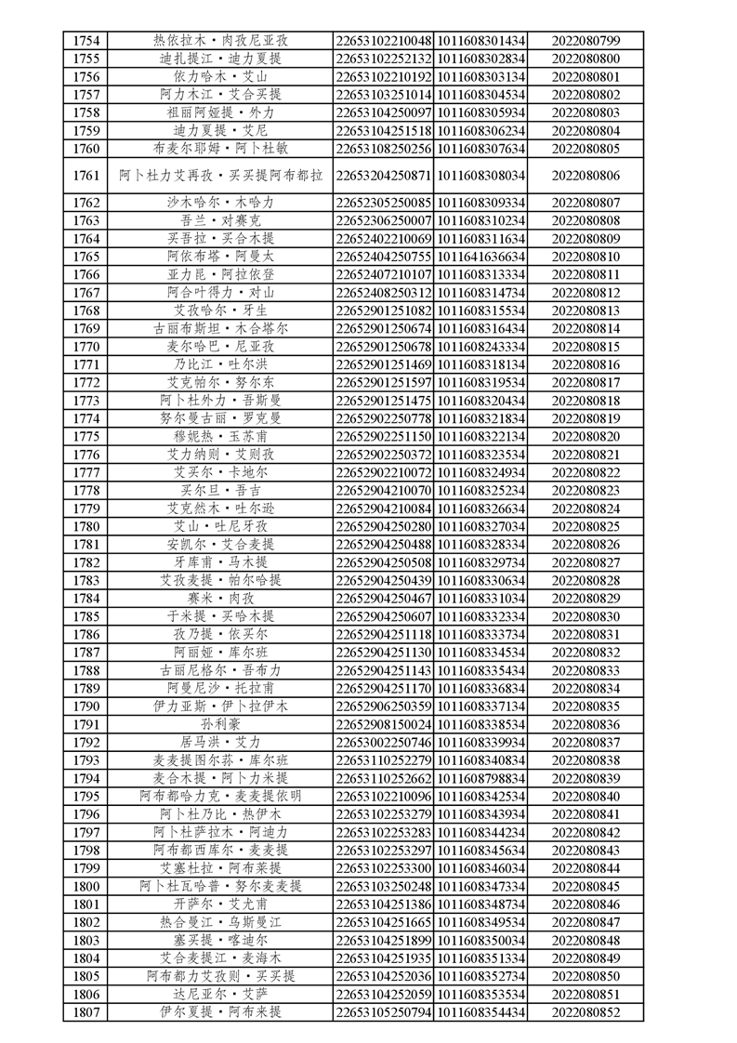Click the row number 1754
[x=86, y=40]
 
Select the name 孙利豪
[x=221, y=724]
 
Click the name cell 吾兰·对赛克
[x=221, y=220]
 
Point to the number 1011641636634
[x=480, y=256]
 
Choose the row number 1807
[x=86, y=1010]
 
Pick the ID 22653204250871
[x=384, y=175]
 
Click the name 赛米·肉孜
[x=221, y=598]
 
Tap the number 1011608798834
[x=480, y=777]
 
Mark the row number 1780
[x=86, y=526]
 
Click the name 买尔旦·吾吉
[x=221, y=490]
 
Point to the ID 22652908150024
[x=384, y=724]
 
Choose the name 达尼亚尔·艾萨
[x=221, y=993]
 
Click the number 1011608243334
[x=480, y=346]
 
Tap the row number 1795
[x=86, y=796]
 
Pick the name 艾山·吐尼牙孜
[x=221, y=526]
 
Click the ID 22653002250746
[x=384, y=742]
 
